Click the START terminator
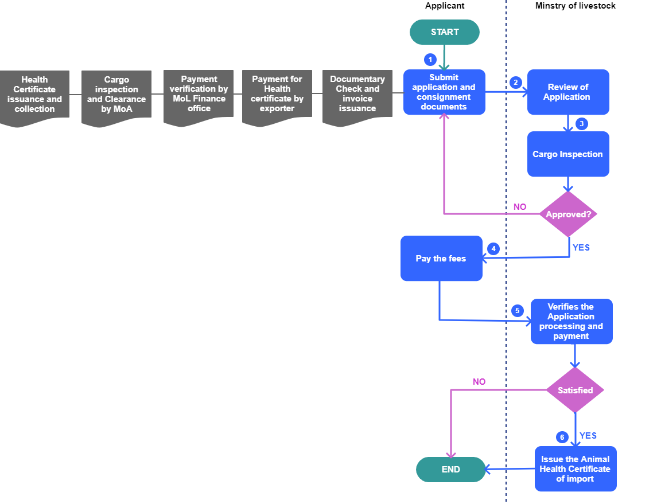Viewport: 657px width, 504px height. (x=445, y=32)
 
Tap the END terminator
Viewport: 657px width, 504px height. (x=451, y=470)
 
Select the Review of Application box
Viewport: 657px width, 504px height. (x=568, y=92)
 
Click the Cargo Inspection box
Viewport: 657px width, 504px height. (x=568, y=154)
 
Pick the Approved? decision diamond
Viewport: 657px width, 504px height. (x=569, y=214)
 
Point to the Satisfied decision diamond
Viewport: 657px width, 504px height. (x=575, y=390)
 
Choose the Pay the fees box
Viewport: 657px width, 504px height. (x=441, y=259)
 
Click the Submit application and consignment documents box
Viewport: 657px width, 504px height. (x=444, y=92)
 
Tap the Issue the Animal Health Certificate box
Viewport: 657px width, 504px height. (x=576, y=469)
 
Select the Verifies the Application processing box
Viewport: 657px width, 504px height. (x=572, y=322)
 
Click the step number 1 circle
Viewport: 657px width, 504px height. (x=430, y=60)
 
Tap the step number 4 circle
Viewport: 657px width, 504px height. (x=493, y=249)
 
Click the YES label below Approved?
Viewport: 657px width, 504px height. (x=581, y=248)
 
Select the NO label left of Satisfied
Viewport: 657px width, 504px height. (x=479, y=382)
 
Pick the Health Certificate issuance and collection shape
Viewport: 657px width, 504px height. (x=34, y=95)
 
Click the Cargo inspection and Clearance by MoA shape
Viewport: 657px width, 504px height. (x=116, y=95)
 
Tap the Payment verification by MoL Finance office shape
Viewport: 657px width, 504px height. (x=199, y=95)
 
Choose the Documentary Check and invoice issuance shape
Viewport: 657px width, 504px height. (x=357, y=95)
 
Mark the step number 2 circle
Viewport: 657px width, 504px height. (x=515, y=83)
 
